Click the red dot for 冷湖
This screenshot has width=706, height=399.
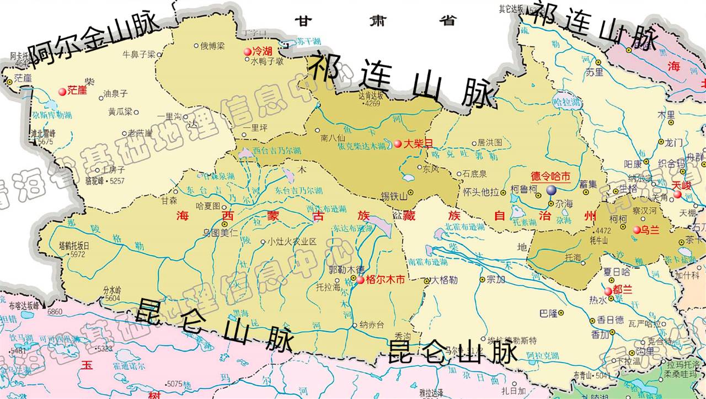248,52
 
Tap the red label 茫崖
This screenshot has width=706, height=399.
77,90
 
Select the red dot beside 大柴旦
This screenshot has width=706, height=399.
398,143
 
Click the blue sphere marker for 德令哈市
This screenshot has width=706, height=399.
552,190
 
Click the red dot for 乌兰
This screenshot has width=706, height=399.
637,230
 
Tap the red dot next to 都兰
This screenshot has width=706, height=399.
608,291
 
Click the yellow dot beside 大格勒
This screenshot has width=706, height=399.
427,281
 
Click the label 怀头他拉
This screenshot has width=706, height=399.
481,192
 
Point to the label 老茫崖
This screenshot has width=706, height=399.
140,132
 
